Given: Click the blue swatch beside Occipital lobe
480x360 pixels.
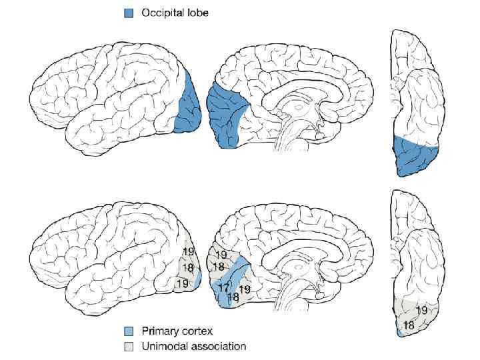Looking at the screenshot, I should [x=129, y=13].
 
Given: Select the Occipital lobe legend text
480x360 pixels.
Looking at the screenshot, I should [x=175, y=13].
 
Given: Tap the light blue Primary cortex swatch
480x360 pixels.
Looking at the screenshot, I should [x=129, y=331].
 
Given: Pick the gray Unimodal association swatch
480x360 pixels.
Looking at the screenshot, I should [x=129, y=346].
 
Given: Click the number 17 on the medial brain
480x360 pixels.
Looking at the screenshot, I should [x=224, y=287].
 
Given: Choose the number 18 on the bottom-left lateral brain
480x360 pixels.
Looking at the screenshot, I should [x=188, y=268].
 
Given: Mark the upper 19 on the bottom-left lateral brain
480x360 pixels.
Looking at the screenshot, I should [x=189, y=252].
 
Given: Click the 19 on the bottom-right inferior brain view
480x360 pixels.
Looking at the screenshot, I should [x=421, y=310].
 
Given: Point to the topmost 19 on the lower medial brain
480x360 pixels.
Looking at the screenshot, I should [x=221, y=255].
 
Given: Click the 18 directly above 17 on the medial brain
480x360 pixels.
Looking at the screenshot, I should [x=218, y=267].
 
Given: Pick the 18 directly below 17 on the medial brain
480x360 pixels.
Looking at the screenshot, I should [x=233, y=297].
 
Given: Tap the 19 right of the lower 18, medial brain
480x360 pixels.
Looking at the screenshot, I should [x=245, y=289].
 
